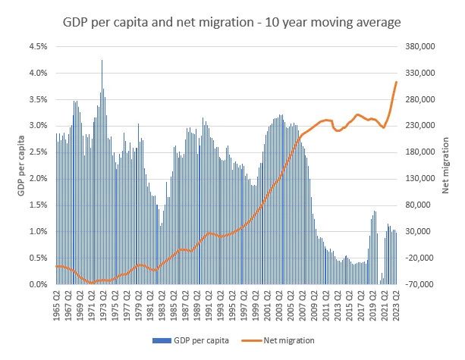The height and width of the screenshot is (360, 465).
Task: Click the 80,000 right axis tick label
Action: click(420, 205)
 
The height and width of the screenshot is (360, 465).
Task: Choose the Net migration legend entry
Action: click(287, 341)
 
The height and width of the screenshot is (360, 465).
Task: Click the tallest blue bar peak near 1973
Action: click(102, 61)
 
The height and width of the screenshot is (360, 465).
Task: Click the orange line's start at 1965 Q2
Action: click(56, 266)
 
